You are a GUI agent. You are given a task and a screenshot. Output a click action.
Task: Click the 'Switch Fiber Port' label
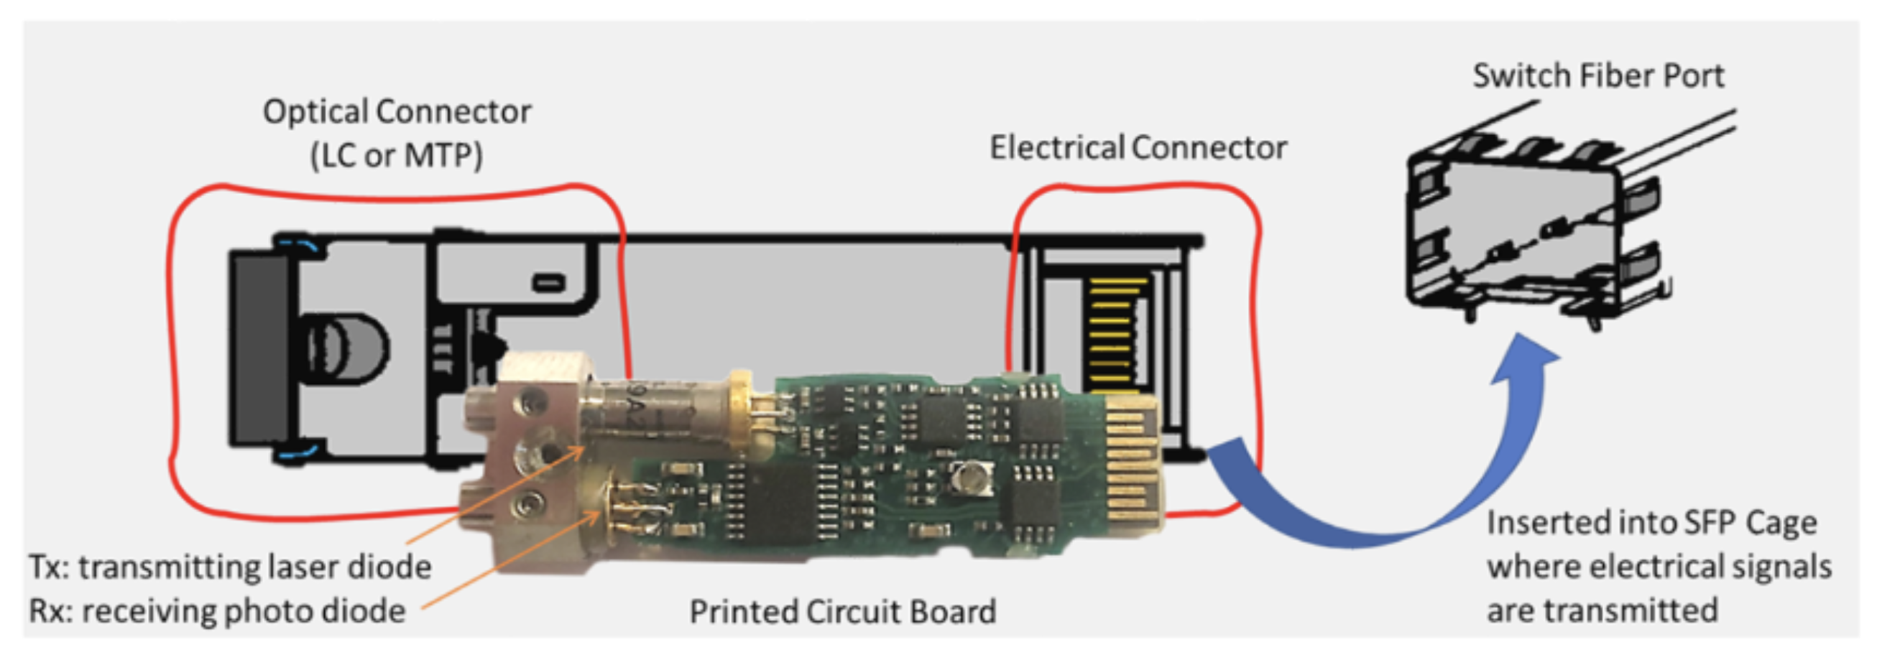[1598, 75]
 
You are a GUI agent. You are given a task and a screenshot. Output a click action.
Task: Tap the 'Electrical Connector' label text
[1138, 148]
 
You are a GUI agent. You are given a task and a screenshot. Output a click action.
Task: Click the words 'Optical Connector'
[397, 111]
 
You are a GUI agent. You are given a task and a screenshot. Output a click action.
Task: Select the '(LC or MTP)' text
[397, 154]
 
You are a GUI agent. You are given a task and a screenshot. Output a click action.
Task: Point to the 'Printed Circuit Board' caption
[842, 611]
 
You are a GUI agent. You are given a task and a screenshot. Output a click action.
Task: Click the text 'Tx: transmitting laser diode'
[230, 567]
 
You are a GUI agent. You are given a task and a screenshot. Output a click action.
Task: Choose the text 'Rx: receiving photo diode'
[217, 610]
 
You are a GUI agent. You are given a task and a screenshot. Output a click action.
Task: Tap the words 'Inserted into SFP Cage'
[1651, 523]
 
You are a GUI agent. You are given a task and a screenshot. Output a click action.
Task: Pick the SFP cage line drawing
[1537, 226]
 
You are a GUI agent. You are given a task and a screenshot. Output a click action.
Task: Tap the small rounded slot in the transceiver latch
[549, 282]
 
